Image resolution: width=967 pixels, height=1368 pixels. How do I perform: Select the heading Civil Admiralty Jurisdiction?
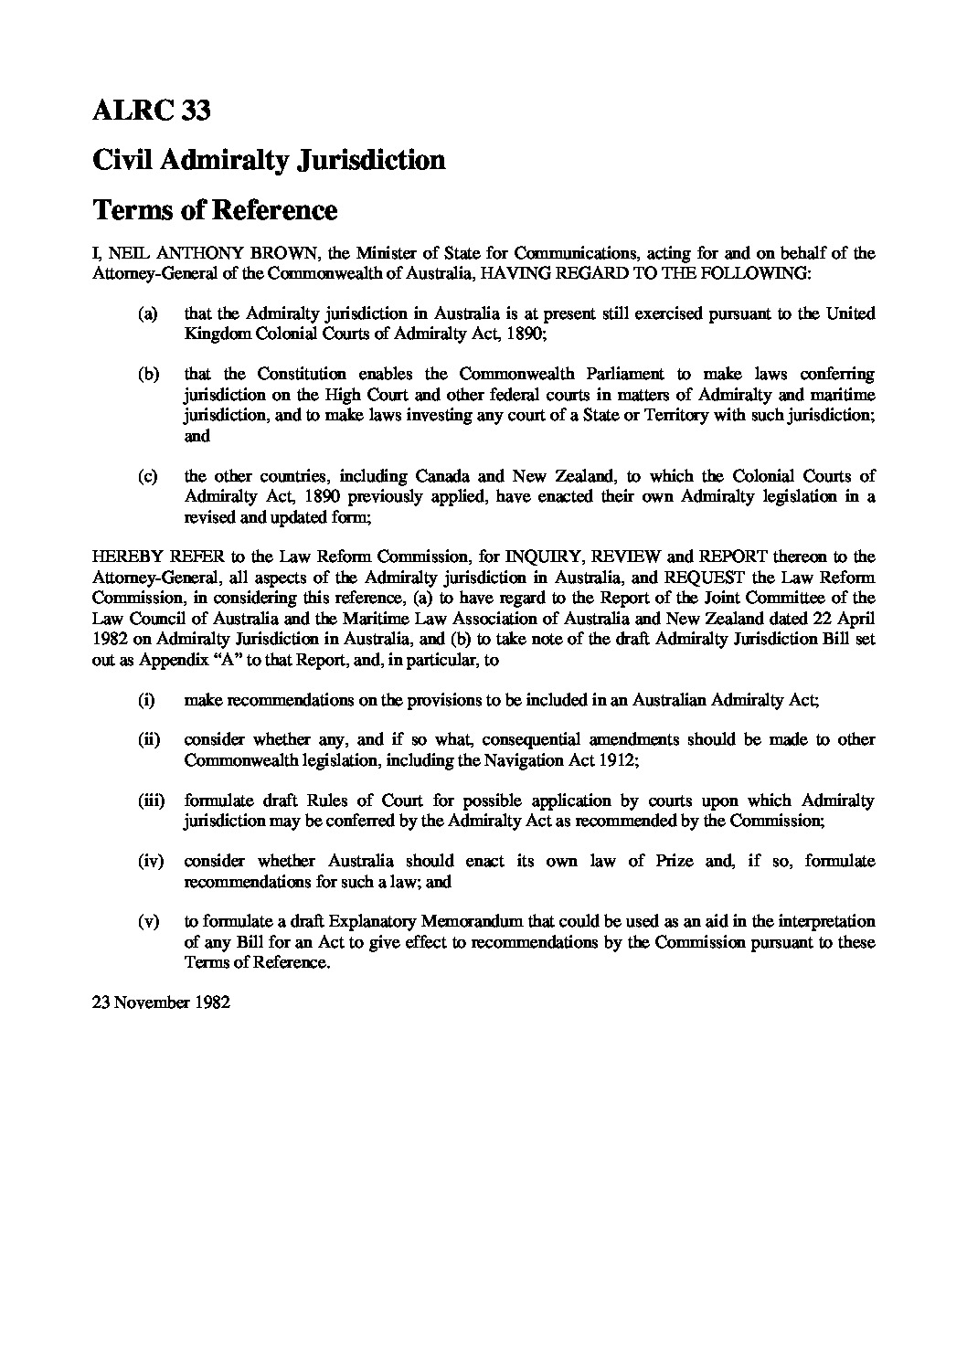tap(269, 161)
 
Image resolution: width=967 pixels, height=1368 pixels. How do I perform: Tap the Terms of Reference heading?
tap(215, 210)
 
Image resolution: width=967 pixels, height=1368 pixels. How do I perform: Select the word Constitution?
tap(301, 375)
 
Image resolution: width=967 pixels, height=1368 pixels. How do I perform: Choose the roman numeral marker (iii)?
tap(151, 801)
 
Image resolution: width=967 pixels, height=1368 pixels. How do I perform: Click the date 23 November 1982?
tap(160, 1002)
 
